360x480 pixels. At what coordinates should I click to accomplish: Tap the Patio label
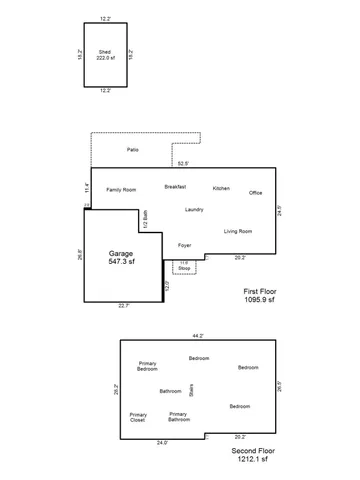coord(132,150)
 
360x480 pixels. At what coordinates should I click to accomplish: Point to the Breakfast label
coord(175,187)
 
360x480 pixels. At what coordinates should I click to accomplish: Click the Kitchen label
coord(221,188)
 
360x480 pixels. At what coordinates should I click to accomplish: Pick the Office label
coord(255,192)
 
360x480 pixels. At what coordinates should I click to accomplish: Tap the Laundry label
coord(194,209)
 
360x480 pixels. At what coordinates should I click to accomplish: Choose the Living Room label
coord(237,231)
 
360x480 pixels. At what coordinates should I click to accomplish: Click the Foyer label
coord(184,245)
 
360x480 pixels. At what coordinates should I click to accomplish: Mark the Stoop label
coord(184,268)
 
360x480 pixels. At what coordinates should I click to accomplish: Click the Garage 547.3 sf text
coord(121,257)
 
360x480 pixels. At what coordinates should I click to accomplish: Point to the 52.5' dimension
coord(183,162)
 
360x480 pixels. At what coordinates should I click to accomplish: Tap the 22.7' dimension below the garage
coord(122,306)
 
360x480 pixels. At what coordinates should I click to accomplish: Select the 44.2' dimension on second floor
coord(197,335)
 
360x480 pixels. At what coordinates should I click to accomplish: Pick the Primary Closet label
coord(138,417)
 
